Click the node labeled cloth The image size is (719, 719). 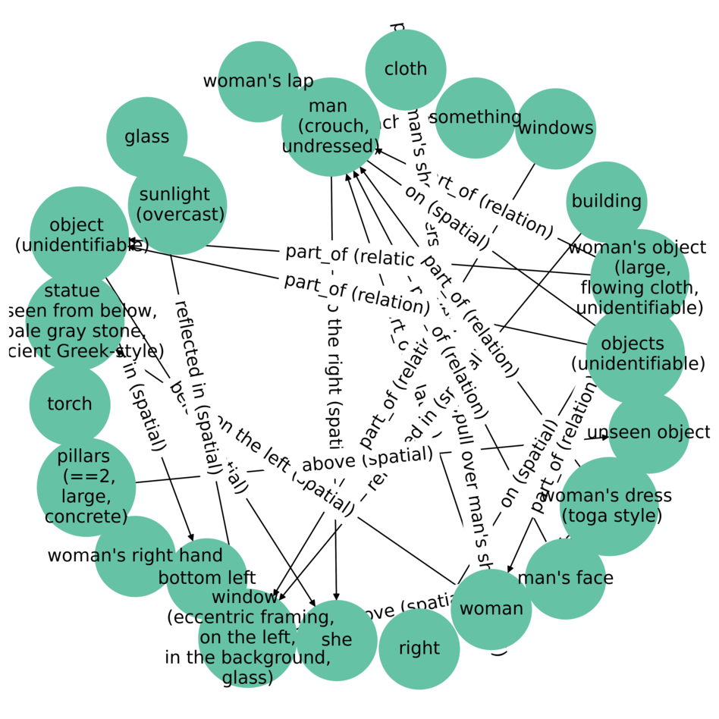point(406,69)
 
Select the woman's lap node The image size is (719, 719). point(258,82)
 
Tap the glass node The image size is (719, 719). point(146,137)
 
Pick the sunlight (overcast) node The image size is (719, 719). point(177,206)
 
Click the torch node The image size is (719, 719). point(70,404)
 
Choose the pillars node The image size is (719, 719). point(86,487)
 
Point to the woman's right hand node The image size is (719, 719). point(135,556)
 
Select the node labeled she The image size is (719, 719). point(337,640)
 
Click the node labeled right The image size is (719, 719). point(419,649)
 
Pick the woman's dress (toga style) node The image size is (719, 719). point(610,506)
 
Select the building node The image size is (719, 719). point(606,202)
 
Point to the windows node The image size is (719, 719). point(555,128)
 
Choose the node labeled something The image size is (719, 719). point(476,118)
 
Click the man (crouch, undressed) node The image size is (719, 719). point(330,127)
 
